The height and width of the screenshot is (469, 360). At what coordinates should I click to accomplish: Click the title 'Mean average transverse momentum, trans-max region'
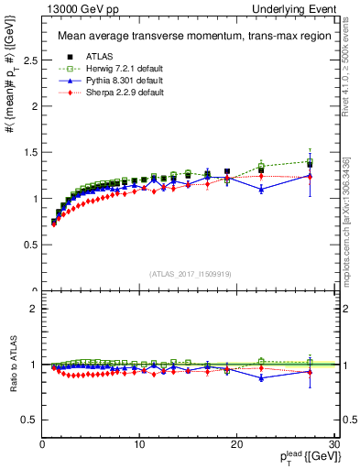[188, 37]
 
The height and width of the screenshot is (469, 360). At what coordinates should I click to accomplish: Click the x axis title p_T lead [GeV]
[296, 459]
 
